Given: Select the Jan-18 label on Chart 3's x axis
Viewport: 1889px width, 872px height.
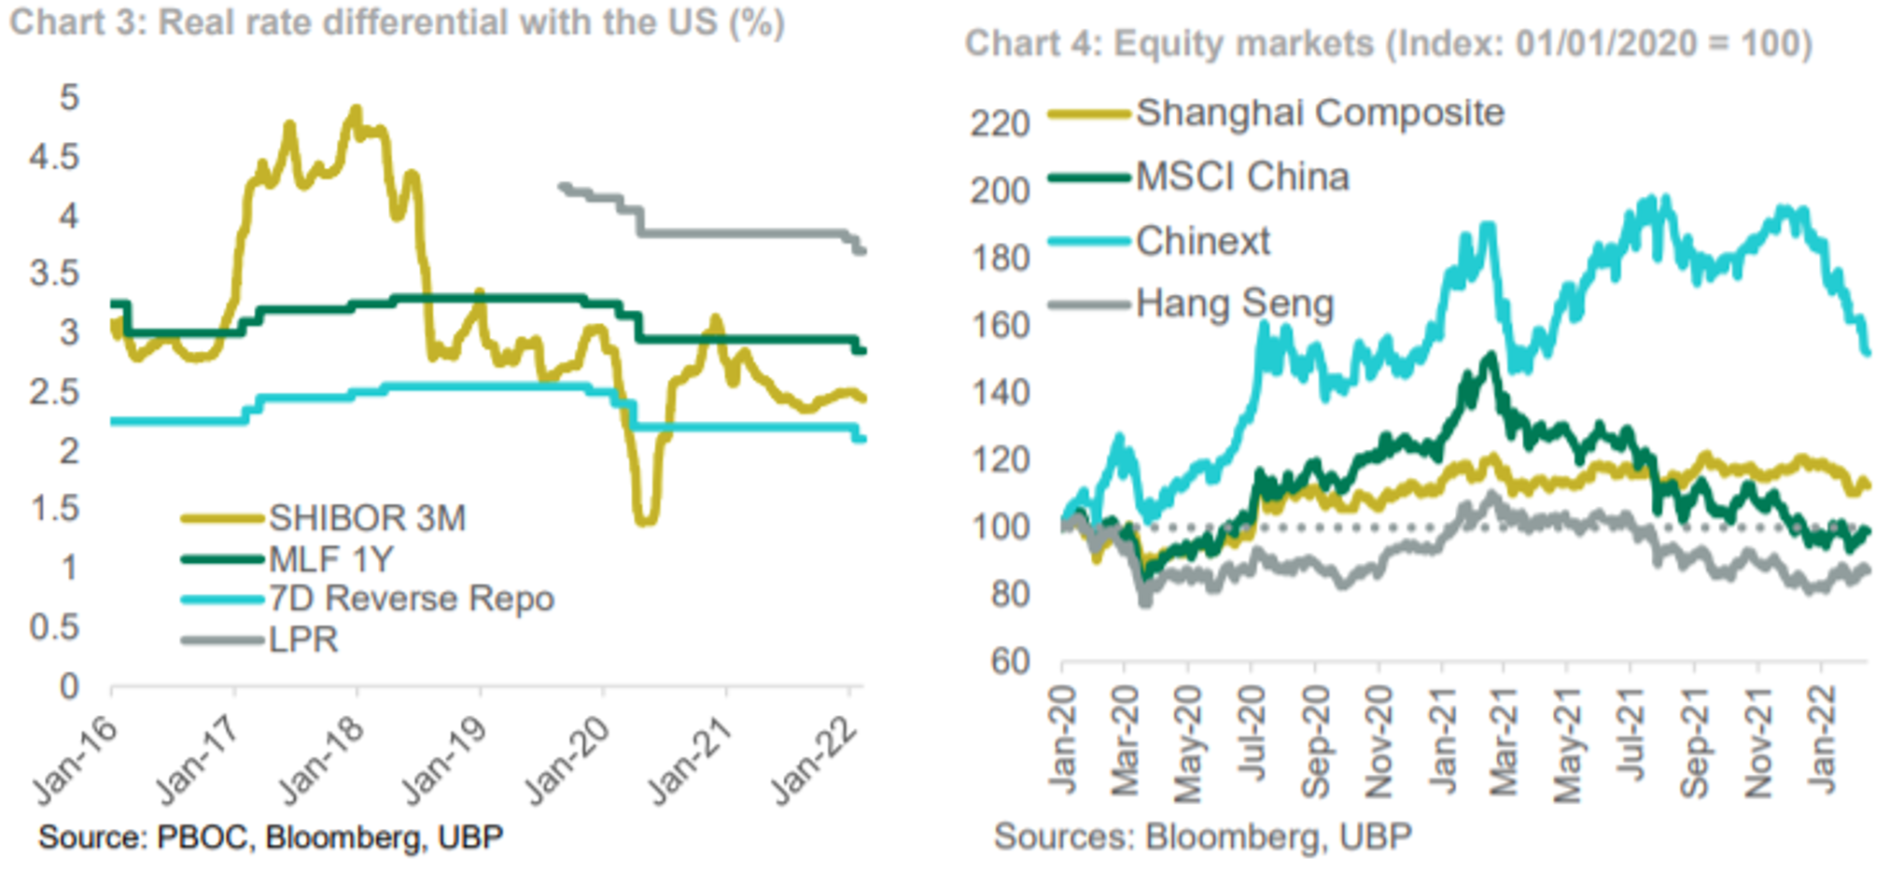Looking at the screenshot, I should pyautogui.click(x=322, y=762).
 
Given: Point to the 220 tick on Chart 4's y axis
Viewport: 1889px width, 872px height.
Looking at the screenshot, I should pyautogui.click(x=1000, y=123).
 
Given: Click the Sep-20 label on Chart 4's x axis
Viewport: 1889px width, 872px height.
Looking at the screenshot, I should pyautogui.click(x=1315, y=742).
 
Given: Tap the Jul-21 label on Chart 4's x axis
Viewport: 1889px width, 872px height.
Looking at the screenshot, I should pyautogui.click(x=1630, y=742).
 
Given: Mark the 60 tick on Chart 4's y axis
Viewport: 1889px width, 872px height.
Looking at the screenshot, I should pyautogui.click(x=1010, y=662).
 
